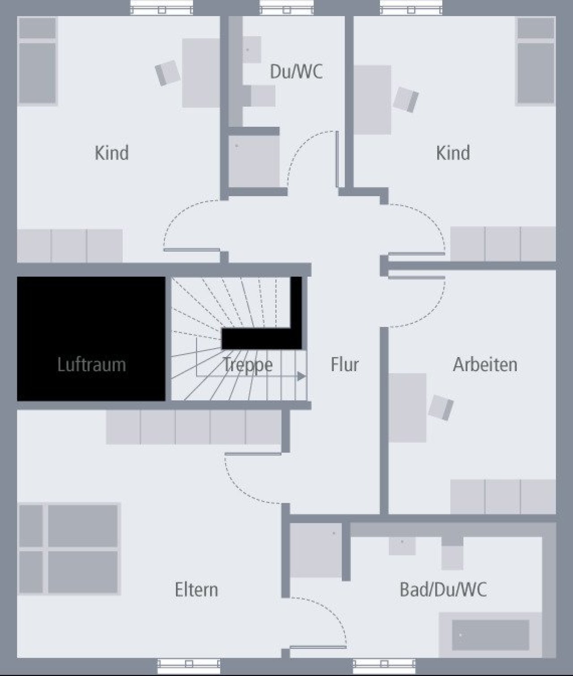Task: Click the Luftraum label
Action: pyautogui.click(x=91, y=365)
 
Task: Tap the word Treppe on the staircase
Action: pyautogui.click(x=248, y=365)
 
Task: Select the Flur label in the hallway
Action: pyautogui.click(x=345, y=365)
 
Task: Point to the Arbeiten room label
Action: pyautogui.click(x=485, y=365)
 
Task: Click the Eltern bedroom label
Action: pyautogui.click(x=197, y=590)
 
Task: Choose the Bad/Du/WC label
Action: pyautogui.click(x=443, y=590)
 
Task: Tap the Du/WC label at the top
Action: pyautogui.click(x=296, y=72)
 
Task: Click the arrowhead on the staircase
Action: pyautogui.click(x=302, y=376)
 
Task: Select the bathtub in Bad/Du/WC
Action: pyautogui.click(x=490, y=634)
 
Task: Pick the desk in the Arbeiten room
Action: pyautogui.click(x=407, y=407)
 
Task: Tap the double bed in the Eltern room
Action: pyautogui.click(x=69, y=549)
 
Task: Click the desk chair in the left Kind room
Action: pyautogui.click(x=167, y=73)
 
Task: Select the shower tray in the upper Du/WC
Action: pyautogui.click(x=254, y=161)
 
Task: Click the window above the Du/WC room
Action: pyautogui.click(x=286, y=8)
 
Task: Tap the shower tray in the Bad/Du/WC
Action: pyautogui.click(x=316, y=550)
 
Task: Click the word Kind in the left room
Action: pyautogui.click(x=111, y=153)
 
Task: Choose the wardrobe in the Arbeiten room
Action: pyautogui.click(x=503, y=496)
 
